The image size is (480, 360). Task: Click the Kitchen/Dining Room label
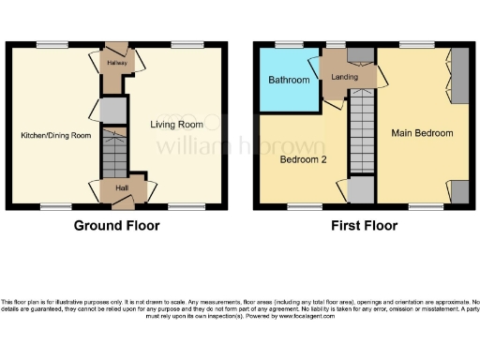56,136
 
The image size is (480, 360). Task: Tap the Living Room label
178,123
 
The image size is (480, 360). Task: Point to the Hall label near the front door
122,188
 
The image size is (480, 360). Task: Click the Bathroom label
288,81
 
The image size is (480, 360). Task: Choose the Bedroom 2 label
302,159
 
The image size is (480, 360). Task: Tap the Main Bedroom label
422,133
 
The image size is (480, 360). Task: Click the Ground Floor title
116,226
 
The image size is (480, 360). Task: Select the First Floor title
363,226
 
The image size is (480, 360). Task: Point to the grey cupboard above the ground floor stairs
112,112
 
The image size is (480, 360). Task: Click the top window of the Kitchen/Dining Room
48,44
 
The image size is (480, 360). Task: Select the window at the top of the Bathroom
285,44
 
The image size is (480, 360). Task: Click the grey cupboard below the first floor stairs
361,190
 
